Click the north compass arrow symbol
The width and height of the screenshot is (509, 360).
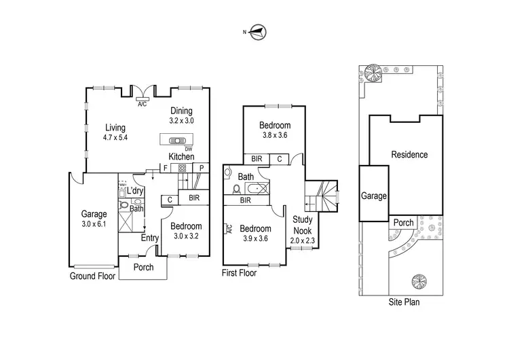pyautogui.click(x=258, y=31)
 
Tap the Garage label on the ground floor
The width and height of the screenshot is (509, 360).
pyautogui.click(x=94, y=213)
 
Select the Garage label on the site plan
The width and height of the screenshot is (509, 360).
pyautogui.click(x=373, y=196)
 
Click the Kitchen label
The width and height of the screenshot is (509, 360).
pyautogui.click(x=181, y=157)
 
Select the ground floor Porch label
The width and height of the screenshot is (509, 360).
pyautogui.click(x=143, y=267)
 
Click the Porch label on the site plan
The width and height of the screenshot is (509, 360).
pyautogui.click(x=404, y=223)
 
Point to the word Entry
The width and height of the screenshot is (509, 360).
pyautogui.click(x=150, y=238)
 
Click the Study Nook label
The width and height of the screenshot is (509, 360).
pyautogui.click(x=303, y=224)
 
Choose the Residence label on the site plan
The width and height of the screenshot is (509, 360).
pyautogui.click(x=409, y=155)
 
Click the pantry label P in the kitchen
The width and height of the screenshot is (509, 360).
pyautogui.click(x=202, y=167)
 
